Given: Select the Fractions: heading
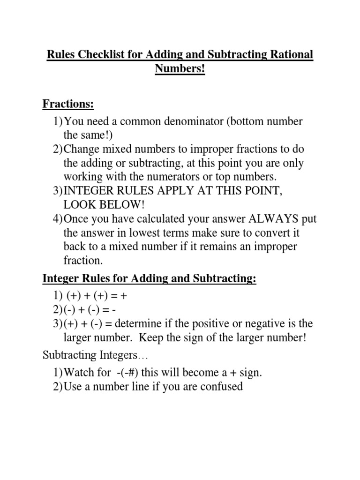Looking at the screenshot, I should pos(68,104).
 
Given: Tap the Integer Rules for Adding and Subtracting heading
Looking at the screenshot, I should pos(150,278).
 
